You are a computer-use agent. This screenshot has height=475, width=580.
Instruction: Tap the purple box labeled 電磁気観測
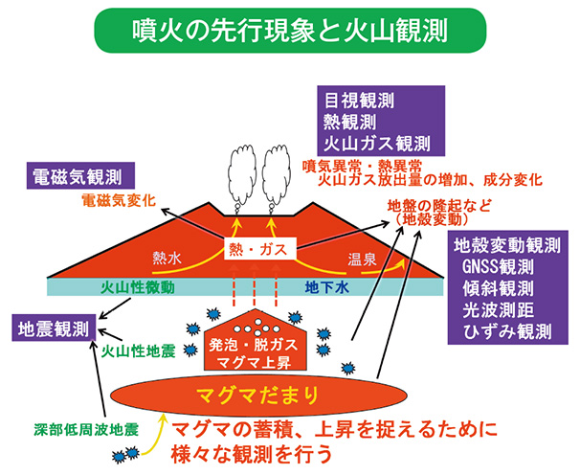(x=79, y=177)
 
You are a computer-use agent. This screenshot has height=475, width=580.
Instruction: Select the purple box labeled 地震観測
(x=53, y=328)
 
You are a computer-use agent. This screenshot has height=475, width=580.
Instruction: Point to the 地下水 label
(x=322, y=287)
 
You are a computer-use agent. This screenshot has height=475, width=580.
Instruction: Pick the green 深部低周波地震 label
(x=86, y=423)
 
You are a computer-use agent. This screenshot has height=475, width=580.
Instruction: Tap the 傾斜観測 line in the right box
(x=506, y=289)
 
